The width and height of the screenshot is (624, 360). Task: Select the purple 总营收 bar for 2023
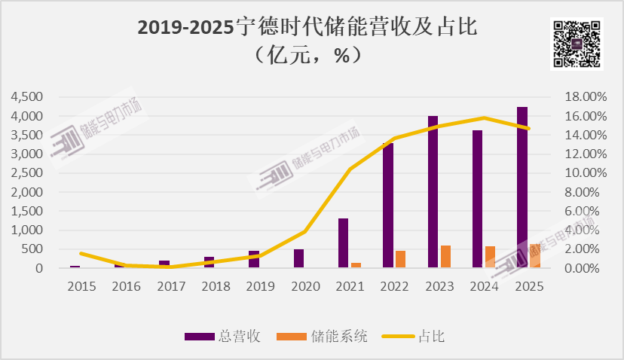coord(433,192)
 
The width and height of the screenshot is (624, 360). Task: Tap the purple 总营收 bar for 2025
coord(522,188)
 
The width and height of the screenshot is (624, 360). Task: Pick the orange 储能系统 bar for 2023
coord(446,256)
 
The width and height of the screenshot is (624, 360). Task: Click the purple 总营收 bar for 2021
coord(343,243)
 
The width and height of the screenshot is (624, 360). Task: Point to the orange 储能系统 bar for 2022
coord(401,259)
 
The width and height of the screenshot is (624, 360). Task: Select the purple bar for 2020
coord(298,258)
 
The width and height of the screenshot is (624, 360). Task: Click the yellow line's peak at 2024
coord(483,117)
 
